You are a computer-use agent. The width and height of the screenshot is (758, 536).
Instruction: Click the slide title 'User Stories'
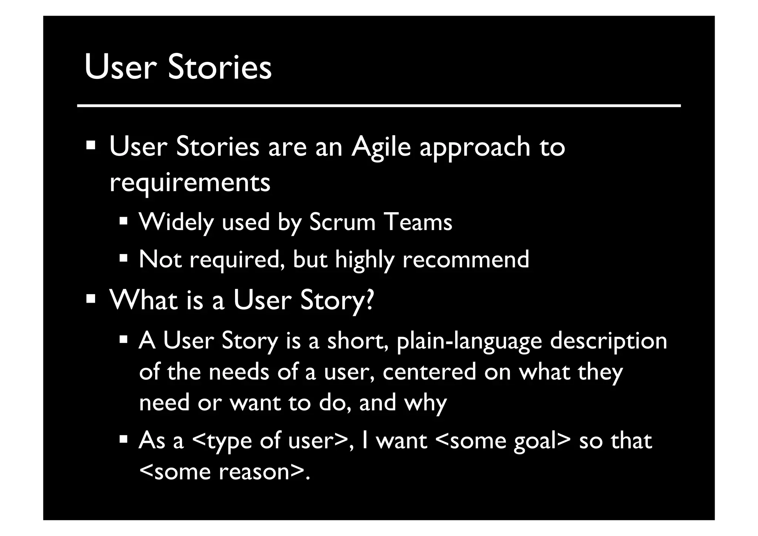pyautogui.click(x=178, y=67)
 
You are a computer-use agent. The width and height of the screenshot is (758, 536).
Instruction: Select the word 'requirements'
pyautogui.click(x=190, y=183)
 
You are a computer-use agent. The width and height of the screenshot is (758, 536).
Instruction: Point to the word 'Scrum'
pyautogui.click(x=342, y=222)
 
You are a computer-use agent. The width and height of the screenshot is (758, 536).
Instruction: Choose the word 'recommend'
pyautogui.click(x=466, y=259)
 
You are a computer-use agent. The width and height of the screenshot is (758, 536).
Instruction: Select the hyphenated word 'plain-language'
pyautogui.click(x=469, y=341)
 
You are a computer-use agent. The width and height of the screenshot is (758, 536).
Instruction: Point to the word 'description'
pyautogui.click(x=608, y=341)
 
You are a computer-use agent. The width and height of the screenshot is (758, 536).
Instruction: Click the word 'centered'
pyautogui.click(x=429, y=372)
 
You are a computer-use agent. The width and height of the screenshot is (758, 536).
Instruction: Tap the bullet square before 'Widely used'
pyautogui.click(x=123, y=222)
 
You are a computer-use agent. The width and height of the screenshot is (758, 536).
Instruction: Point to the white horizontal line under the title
pyautogui.click(x=379, y=106)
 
